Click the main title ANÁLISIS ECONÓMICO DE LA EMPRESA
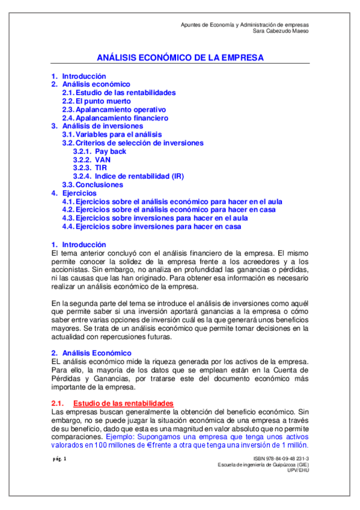(x=180, y=58)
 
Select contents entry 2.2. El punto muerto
(x=96, y=102)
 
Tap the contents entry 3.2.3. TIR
(x=91, y=168)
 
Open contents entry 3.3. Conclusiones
(x=93, y=185)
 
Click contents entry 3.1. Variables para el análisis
(x=112, y=135)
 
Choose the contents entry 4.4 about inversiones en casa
(x=151, y=227)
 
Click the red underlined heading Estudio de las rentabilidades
(x=123, y=402)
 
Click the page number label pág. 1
(x=59, y=459)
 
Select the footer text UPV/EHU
(x=298, y=471)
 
